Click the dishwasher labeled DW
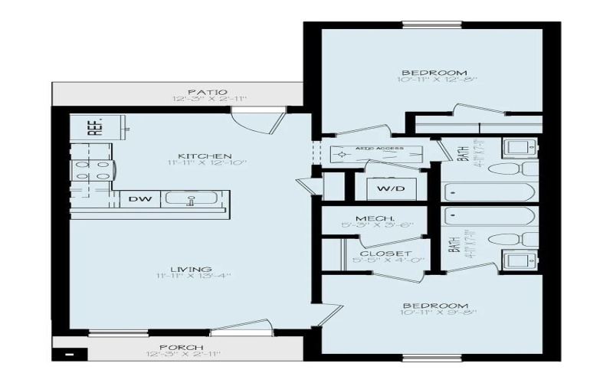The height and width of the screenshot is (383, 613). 139,199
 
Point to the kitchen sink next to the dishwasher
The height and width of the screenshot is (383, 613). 192,200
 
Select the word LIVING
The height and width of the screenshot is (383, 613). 191,269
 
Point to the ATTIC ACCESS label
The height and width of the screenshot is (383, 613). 380,149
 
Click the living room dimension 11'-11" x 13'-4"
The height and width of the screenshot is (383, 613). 191,277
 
